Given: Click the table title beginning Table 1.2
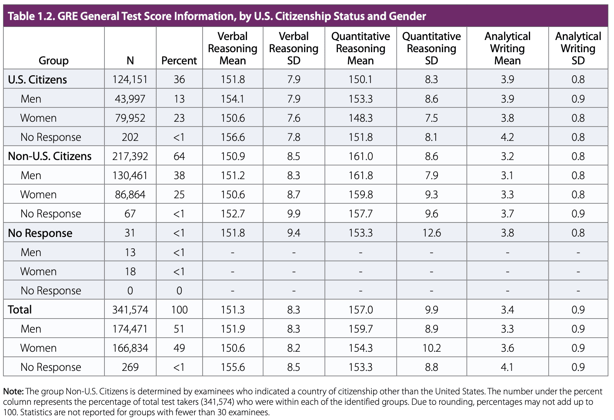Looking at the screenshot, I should pyautogui.click(x=217, y=16).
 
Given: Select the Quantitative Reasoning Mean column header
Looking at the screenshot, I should pyautogui.click(x=360, y=48).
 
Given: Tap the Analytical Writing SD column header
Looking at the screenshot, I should pyautogui.click(x=578, y=48).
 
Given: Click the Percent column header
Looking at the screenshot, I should pyautogui.click(x=179, y=60).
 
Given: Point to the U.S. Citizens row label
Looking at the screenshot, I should pyautogui.click(x=37, y=80).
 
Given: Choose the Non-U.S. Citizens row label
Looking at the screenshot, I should pyautogui.click(x=50, y=156).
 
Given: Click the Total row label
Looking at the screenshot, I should pyautogui.click(x=20, y=310).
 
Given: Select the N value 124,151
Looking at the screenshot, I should pyautogui.click(x=130, y=80).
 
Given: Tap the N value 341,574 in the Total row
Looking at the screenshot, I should pyautogui.click(x=130, y=310).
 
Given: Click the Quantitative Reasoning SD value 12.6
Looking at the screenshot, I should pyautogui.click(x=431, y=233).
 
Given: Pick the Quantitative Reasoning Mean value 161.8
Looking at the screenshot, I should pyautogui.click(x=360, y=175).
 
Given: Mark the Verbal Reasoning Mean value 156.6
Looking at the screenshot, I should pyautogui.click(x=233, y=137).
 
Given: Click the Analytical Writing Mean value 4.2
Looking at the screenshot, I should pyautogui.click(x=507, y=137).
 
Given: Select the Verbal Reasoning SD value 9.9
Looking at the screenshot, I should pyautogui.click(x=294, y=213).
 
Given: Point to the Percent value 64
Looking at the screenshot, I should pyautogui.click(x=179, y=156).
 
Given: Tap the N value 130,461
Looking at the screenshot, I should pyautogui.click(x=130, y=175).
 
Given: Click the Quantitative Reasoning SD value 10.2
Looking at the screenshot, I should pyautogui.click(x=431, y=348).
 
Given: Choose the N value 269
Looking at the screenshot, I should pyautogui.click(x=130, y=367).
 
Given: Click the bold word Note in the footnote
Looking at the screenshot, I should pyautogui.click(x=13, y=391).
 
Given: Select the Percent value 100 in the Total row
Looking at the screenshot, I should pyautogui.click(x=179, y=310).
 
